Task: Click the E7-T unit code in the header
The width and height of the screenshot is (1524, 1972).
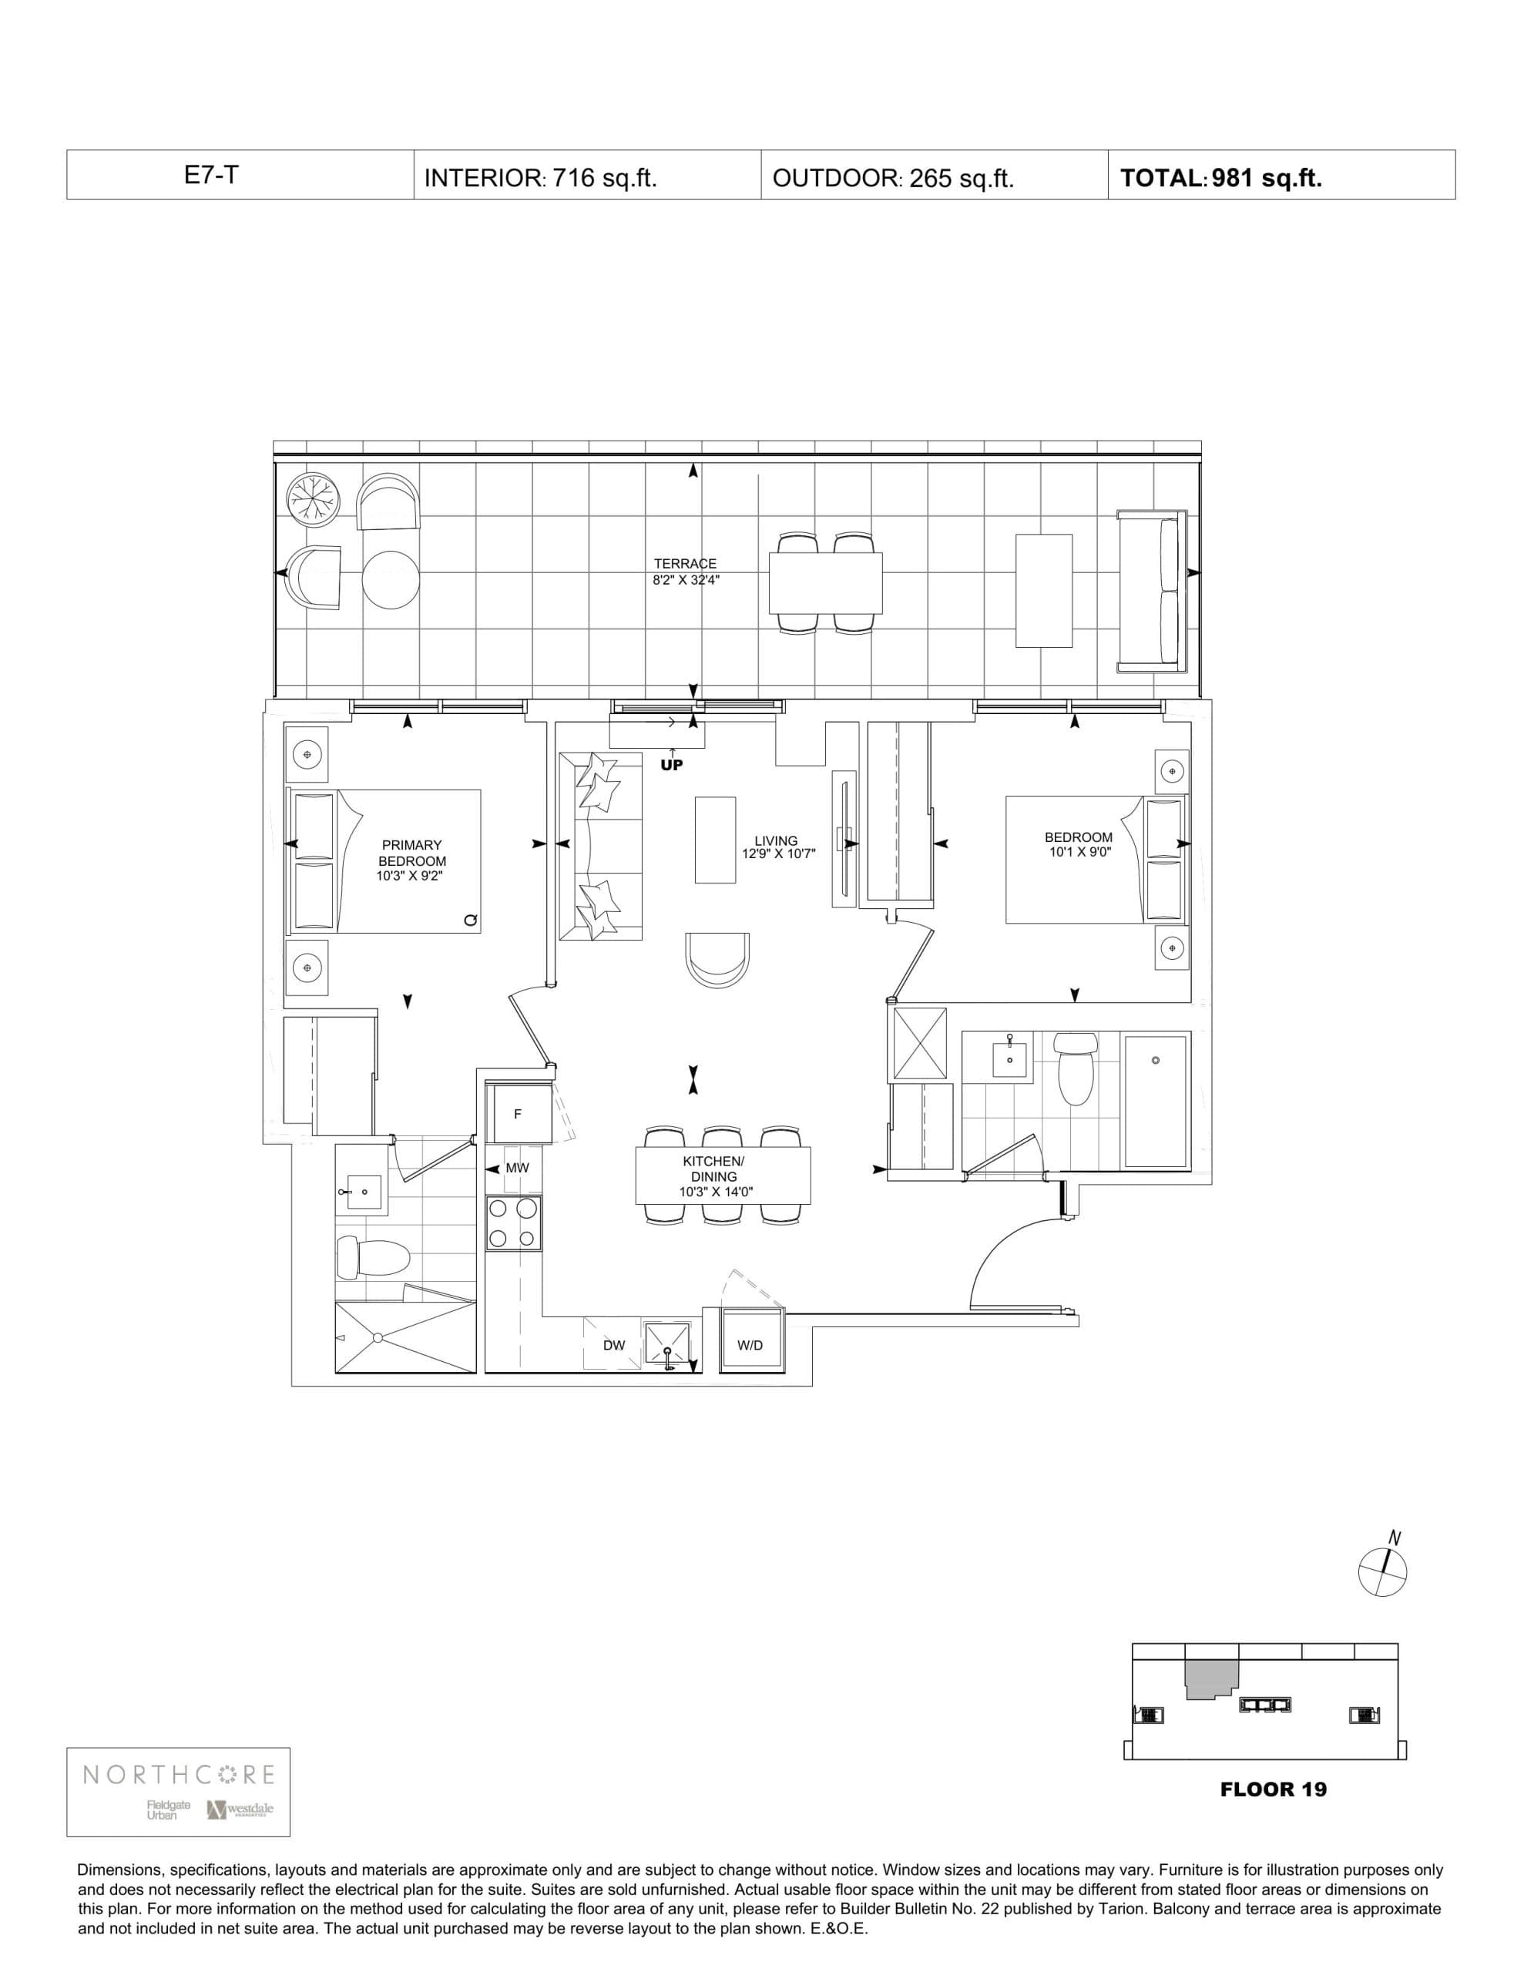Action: (211, 175)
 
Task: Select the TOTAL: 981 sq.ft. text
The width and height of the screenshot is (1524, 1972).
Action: (1220, 178)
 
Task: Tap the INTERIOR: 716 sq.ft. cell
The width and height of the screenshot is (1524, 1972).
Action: (539, 178)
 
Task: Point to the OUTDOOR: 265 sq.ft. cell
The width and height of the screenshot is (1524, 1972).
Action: (892, 178)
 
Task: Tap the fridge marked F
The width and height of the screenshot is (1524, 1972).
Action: (518, 1114)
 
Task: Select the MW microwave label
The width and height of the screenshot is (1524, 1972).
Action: (517, 1168)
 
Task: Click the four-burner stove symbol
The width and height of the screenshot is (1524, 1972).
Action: (513, 1222)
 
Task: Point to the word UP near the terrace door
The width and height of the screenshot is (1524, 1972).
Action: (672, 765)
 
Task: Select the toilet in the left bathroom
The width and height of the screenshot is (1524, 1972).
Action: (374, 1257)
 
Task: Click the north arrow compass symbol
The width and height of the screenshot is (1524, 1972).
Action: (1382, 1571)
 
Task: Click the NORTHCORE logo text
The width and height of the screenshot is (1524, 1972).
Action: (179, 1774)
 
